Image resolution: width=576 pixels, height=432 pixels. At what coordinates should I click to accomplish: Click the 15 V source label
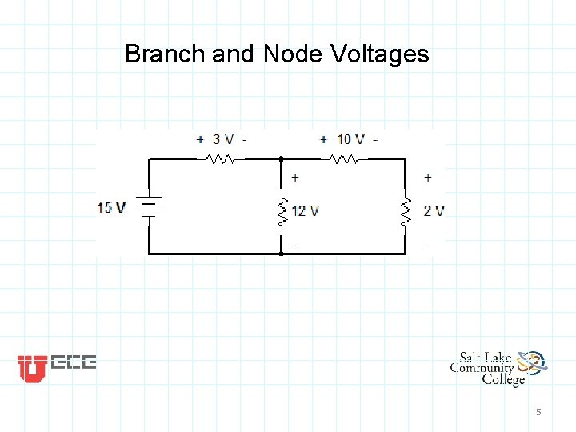111,208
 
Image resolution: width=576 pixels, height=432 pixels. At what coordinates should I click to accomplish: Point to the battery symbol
149,207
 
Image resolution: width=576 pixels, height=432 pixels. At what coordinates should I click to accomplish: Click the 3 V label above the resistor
222,139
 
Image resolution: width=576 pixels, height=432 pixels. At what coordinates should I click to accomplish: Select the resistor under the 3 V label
221,159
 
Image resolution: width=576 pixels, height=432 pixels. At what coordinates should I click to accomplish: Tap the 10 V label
350,139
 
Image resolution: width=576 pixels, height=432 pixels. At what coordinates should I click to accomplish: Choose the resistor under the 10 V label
344,159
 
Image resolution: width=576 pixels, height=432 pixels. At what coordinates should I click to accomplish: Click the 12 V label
306,211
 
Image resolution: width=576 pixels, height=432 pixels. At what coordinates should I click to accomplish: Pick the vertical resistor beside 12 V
282,211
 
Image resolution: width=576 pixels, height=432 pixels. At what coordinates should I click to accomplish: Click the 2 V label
434,211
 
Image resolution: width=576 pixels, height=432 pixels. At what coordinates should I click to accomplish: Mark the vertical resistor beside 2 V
406,211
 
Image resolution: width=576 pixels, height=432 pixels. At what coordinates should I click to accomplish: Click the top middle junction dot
281,159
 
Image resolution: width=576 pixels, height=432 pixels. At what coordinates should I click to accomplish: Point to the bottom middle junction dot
281,254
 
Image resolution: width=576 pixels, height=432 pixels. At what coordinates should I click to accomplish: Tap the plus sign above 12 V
296,178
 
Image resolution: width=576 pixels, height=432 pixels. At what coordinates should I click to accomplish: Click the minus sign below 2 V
426,245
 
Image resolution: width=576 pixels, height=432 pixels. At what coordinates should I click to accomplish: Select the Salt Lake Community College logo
498,368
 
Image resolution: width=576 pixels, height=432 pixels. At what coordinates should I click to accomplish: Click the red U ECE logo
57,366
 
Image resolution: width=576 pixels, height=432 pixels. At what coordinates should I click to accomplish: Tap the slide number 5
538,412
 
